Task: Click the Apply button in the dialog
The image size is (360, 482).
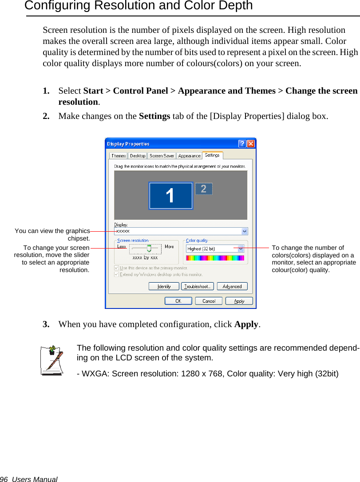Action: coord(239,301)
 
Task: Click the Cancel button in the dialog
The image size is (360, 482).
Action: coord(209,301)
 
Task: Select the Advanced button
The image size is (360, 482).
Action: coord(232,287)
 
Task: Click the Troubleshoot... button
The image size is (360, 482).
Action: coord(197,287)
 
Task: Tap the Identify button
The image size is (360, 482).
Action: coord(164,287)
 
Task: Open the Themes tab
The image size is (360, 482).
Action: coord(119,156)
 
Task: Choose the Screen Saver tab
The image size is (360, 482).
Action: coord(162,156)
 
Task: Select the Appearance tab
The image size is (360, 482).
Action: coord(189,156)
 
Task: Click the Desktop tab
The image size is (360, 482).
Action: coord(138,156)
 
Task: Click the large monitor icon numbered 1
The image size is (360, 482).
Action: coord(171,195)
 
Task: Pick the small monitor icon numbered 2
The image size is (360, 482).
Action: coord(204,189)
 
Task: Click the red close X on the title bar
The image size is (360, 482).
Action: coord(251,144)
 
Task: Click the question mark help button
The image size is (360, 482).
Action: coord(242,144)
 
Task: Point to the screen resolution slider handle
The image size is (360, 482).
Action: coord(149,248)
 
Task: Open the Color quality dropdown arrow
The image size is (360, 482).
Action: coord(241,249)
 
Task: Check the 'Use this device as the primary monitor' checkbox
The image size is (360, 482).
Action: coord(117,268)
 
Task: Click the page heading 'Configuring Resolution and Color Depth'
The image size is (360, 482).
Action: coord(138,6)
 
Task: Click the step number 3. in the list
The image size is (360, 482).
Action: coord(46,324)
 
